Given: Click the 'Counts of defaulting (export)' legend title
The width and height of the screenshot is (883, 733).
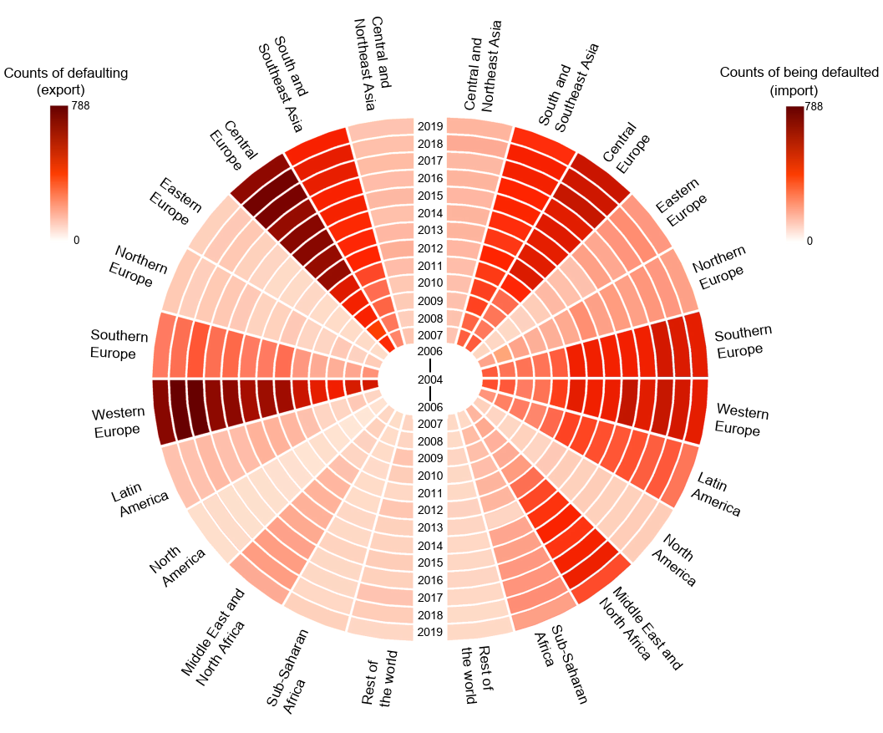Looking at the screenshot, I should (66, 81).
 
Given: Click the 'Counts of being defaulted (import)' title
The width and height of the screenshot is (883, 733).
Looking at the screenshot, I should (799, 81).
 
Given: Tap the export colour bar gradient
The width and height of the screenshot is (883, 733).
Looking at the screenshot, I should (58, 172).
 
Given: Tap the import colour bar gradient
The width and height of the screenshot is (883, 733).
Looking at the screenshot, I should (794, 172).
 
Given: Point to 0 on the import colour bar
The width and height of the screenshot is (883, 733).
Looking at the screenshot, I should (809, 241).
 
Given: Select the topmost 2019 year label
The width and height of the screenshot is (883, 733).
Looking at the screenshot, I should (430, 127).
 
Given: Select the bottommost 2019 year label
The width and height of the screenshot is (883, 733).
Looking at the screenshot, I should (430, 632).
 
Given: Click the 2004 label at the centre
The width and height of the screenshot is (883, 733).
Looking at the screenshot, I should (430, 380).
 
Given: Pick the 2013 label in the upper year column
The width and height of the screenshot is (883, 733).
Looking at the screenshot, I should (430, 230).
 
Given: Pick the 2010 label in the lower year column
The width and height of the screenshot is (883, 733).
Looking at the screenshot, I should (430, 476).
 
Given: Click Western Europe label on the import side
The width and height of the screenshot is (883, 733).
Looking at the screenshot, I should (743, 420).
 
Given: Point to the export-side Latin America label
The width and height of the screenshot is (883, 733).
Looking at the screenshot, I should (139, 499).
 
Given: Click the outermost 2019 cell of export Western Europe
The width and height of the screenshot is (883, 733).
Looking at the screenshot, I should (161, 411).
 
